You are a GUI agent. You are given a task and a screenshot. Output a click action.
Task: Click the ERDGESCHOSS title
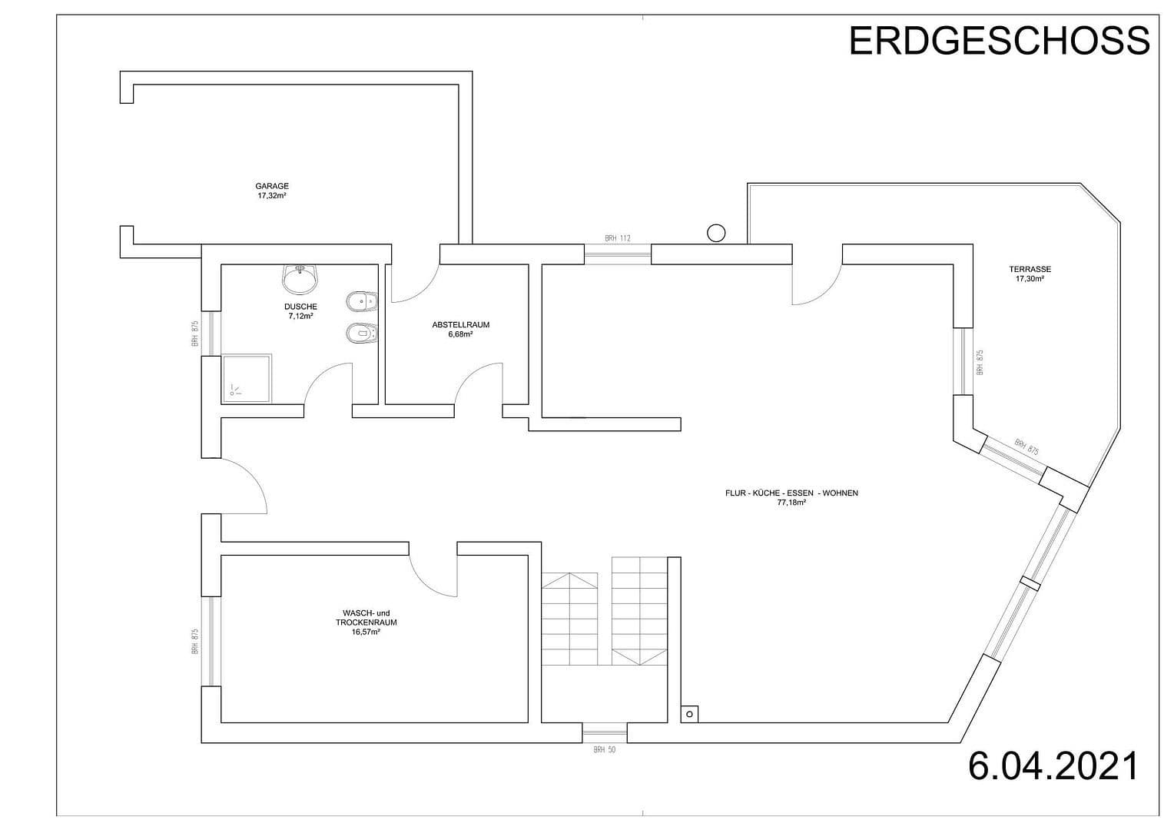(999, 41)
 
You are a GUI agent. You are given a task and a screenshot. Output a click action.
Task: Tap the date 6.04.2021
(1053, 766)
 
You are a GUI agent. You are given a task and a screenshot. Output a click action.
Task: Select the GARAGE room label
(272, 186)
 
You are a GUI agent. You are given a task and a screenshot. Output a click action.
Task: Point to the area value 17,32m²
(272, 196)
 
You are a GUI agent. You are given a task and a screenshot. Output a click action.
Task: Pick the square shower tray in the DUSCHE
(247, 378)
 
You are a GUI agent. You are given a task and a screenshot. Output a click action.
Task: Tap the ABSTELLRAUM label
(460, 325)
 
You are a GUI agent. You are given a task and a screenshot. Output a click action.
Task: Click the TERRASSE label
(1030, 270)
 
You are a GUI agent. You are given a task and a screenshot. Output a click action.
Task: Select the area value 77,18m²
(791, 503)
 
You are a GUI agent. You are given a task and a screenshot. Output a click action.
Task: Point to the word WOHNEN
(840, 493)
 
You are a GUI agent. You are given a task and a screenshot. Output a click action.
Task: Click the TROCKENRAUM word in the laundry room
(366, 622)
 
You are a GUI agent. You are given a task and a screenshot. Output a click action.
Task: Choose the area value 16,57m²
(366, 632)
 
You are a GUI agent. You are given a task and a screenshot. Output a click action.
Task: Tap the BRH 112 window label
(617, 239)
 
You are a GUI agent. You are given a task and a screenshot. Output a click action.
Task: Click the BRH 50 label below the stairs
(604, 749)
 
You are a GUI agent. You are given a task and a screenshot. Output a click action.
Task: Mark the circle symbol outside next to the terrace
(716, 232)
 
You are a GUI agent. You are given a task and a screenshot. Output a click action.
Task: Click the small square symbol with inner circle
(689, 715)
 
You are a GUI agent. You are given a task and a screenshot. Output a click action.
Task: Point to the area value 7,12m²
(300, 316)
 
